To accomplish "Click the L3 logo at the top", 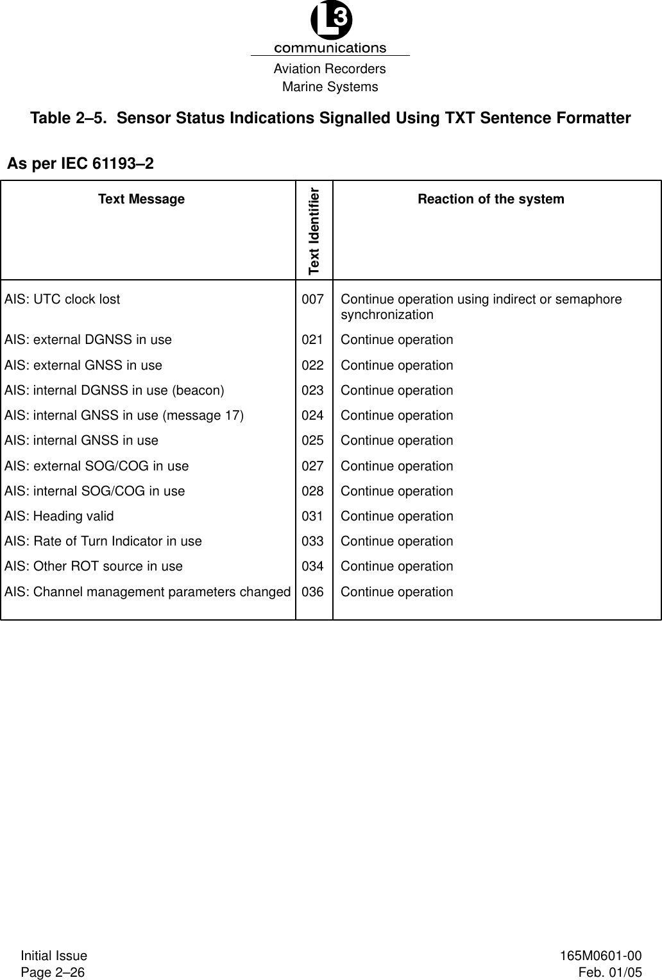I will (330, 22).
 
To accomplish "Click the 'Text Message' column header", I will (141, 200).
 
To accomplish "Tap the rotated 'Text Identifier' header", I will (314, 230).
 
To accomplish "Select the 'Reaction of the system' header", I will (491, 200).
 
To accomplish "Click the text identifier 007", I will (312, 300).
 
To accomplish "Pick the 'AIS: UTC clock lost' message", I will (62, 300).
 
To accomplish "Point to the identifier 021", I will (312, 340).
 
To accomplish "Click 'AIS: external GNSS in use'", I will (83, 365).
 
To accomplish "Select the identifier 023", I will (312, 390).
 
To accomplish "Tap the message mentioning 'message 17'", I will (124, 415).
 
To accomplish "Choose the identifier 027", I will (312, 466).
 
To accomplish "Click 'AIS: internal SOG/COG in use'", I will (94, 491).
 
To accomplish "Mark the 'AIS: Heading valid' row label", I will (59, 516).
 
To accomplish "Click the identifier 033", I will (312, 541).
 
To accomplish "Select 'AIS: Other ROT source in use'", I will (94, 566).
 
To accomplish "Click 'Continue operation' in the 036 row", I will (396, 592).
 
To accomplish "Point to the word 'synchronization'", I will (387, 315).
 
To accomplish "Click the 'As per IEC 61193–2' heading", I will (80, 164).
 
